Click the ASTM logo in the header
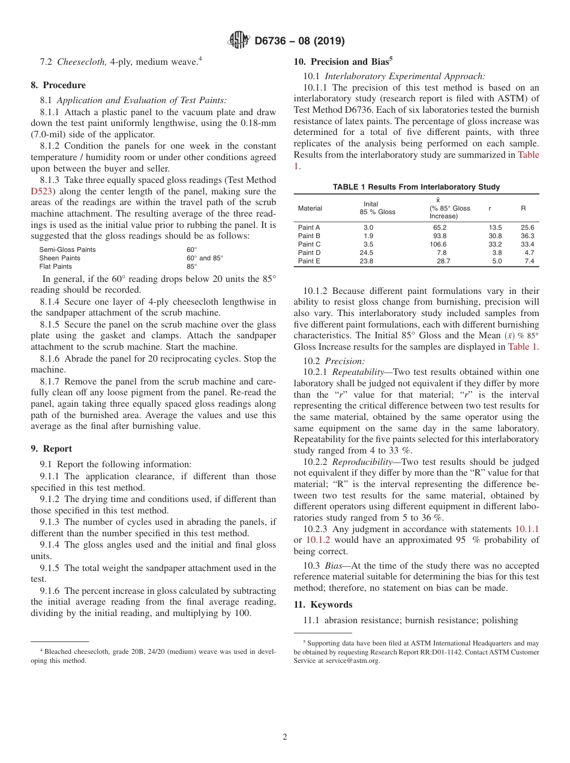tap(239, 41)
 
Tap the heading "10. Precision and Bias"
tap(343, 61)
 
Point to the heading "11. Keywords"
tap(323, 605)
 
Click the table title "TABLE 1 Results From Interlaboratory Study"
tap(416, 187)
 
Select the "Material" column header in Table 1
tap(310, 208)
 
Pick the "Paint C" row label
tap(309, 245)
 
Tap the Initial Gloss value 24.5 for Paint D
tap(366, 253)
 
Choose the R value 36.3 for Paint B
tap(527, 236)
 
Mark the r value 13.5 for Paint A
tap(495, 228)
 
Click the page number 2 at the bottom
tap(285, 737)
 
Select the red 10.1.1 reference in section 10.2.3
tap(527, 529)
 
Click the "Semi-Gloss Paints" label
tap(67, 250)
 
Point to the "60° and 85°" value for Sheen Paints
tap(205, 258)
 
